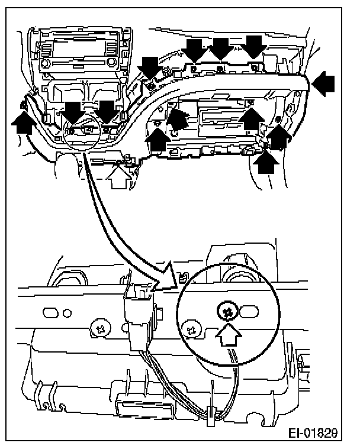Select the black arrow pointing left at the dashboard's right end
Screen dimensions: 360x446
pos(323,85)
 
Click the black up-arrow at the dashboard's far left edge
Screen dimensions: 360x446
pos(22,124)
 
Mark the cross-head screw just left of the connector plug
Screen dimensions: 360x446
pos(99,327)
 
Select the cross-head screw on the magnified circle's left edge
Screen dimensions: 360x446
pos(191,326)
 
